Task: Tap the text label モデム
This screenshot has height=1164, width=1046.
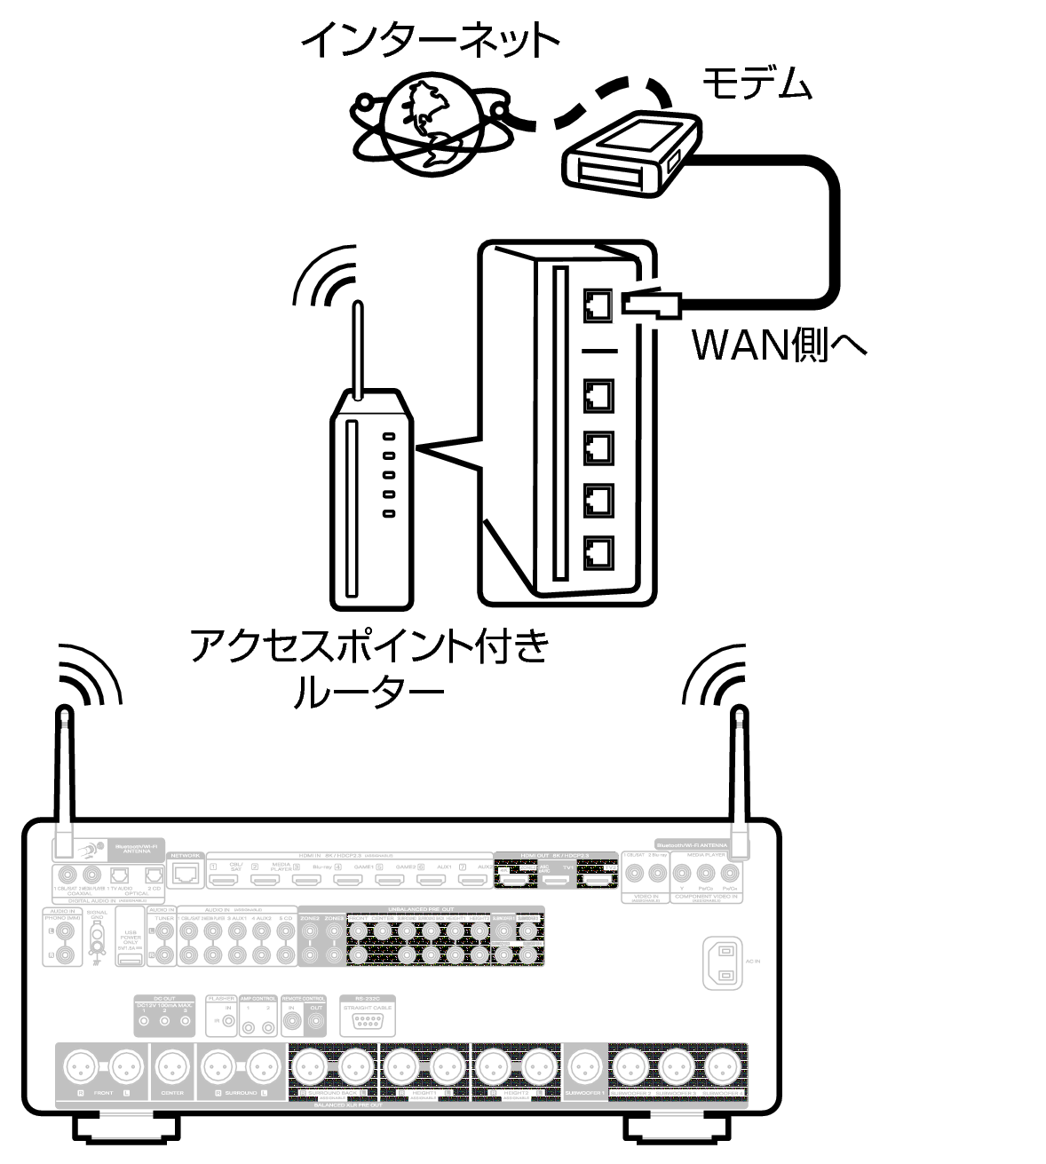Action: tap(757, 84)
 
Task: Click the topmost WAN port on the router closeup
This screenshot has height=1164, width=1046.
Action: tap(598, 306)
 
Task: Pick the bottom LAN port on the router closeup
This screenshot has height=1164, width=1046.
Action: tap(598, 553)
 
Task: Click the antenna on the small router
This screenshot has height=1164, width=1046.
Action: tap(357, 351)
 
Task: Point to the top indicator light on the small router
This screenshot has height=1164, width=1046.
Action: tap(388, 436)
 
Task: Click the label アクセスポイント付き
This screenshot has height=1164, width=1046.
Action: tap(370, 645)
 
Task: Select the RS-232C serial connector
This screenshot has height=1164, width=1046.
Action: tap(366, 1022)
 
